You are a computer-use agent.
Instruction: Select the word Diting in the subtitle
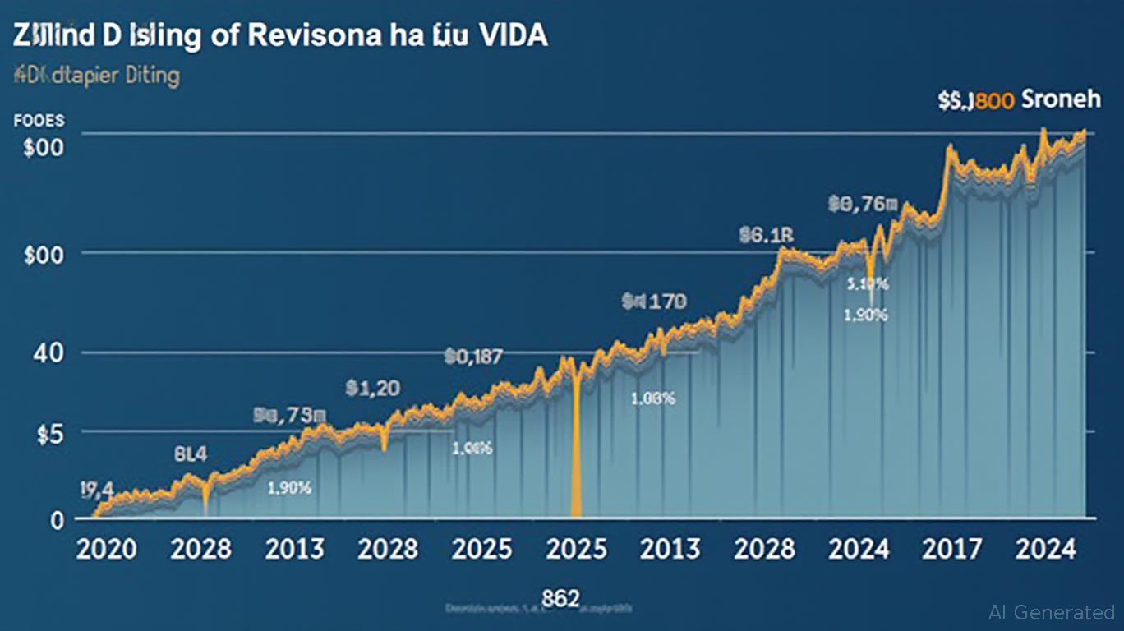(x=150, y=76)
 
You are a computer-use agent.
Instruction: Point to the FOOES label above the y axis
(x=39, y=121)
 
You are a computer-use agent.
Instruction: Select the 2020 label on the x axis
(x=106, y=549)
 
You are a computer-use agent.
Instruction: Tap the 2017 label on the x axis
(x=951, y=549)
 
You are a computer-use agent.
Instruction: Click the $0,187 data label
(x=473, y=356)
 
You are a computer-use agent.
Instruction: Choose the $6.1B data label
(x=766, y=236)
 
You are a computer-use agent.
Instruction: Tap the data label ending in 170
(x=654, y=302)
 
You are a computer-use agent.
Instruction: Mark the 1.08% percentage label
(x=652, y=399)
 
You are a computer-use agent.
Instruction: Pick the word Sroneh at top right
(x=1060, y=100)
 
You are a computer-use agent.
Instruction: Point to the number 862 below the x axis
(x=560, y=597)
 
